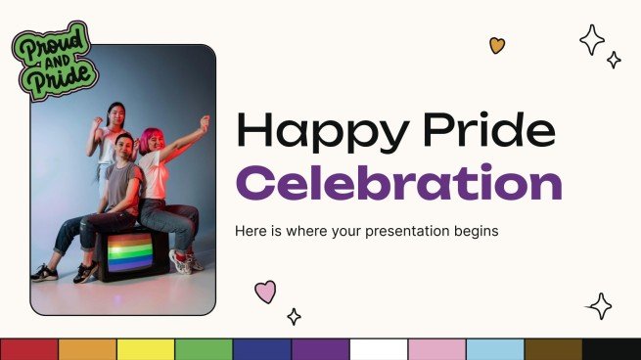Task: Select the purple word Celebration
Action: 399,183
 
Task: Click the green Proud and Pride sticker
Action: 55,61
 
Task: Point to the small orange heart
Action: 497,45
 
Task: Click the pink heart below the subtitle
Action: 265,291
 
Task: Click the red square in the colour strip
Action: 29,349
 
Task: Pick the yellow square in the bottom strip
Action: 146,349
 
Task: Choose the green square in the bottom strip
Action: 204,349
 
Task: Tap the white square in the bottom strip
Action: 379,349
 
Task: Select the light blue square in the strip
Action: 495,349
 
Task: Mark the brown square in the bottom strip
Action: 553,349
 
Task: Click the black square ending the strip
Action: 612,349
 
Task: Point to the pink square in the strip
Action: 436,349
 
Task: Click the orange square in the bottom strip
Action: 87,349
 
